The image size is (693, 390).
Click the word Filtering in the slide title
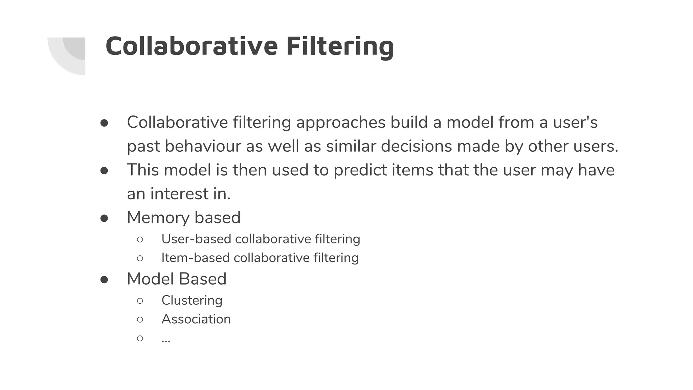point(340,46)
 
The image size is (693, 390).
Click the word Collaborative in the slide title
point(192,46)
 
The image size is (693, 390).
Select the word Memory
point(158,218)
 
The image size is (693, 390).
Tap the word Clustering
point(192,300)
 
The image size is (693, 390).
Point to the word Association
point(196,319)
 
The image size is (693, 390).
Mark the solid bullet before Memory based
point(104,218)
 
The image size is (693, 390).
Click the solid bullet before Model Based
point(104,280)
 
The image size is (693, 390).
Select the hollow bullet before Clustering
point(140,301)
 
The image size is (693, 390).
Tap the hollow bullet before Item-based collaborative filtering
point(140,258)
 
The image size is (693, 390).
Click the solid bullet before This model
point(104,171)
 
